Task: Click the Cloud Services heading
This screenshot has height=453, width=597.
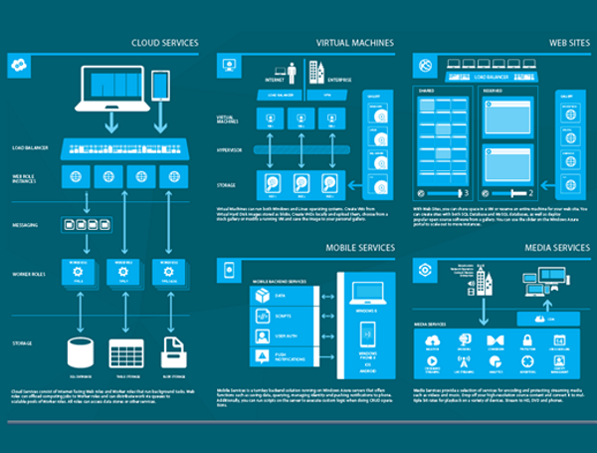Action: point(164,43)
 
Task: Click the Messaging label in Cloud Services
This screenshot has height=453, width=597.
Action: point(26,225)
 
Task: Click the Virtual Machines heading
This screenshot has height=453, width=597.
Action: point(354,43)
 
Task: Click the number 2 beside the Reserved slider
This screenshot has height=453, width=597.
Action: point(531,192)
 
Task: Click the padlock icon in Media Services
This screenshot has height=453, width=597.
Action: point(525,340)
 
